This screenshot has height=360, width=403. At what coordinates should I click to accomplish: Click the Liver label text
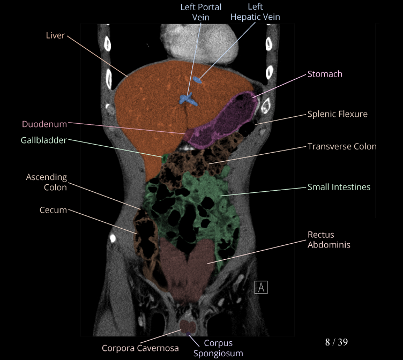[55, 35]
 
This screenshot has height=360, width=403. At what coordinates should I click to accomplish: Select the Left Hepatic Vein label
[255, 12]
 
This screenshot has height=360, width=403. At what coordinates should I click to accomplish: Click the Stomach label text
[325, 74]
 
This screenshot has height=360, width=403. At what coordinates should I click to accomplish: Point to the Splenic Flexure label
[338, 114]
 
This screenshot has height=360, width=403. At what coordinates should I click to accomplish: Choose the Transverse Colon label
[342, 146]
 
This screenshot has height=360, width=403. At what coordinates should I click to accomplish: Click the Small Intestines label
[339, 187]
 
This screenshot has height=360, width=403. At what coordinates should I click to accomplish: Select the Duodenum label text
[44, 124]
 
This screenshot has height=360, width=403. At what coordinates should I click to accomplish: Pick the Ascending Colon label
[47, 182]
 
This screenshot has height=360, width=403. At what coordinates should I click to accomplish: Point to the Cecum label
[53, 210]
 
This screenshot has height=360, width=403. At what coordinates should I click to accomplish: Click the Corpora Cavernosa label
[141, 348]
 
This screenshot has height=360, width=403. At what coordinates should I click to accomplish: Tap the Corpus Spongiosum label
[218, 348]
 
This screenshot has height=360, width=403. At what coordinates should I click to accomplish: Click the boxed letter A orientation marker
[261, 287]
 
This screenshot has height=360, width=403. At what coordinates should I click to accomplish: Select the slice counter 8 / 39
[337, 342]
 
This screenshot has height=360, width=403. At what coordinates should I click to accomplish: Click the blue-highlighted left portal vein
[187, 99]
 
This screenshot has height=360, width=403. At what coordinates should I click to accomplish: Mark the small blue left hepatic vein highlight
[198, 81]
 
